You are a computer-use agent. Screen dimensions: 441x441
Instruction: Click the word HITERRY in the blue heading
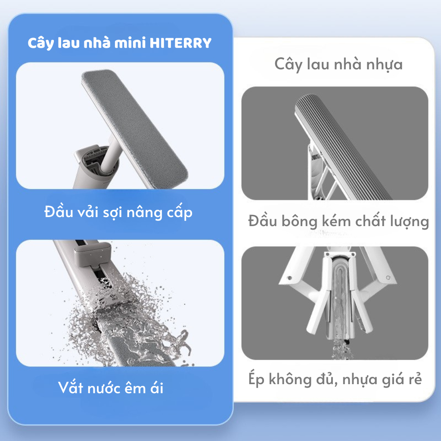[x=180, y=43]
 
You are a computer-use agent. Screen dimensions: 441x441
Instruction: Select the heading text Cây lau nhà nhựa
[x=339, y=65]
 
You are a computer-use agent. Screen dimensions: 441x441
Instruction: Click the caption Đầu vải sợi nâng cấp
[x=118, y=212]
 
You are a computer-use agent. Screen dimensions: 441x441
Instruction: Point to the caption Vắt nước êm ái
[x=111, y=388]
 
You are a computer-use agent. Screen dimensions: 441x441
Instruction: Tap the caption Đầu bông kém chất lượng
[x=339, y=221]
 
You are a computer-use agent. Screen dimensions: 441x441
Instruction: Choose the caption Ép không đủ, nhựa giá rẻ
[x=335, y=379]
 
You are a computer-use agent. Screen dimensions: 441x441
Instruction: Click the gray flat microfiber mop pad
[x=135, y=125]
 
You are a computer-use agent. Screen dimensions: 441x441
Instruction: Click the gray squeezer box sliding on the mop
[x=92, y=255]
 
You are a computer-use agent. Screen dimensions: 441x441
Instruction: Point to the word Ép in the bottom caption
[x=256, y=379]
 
